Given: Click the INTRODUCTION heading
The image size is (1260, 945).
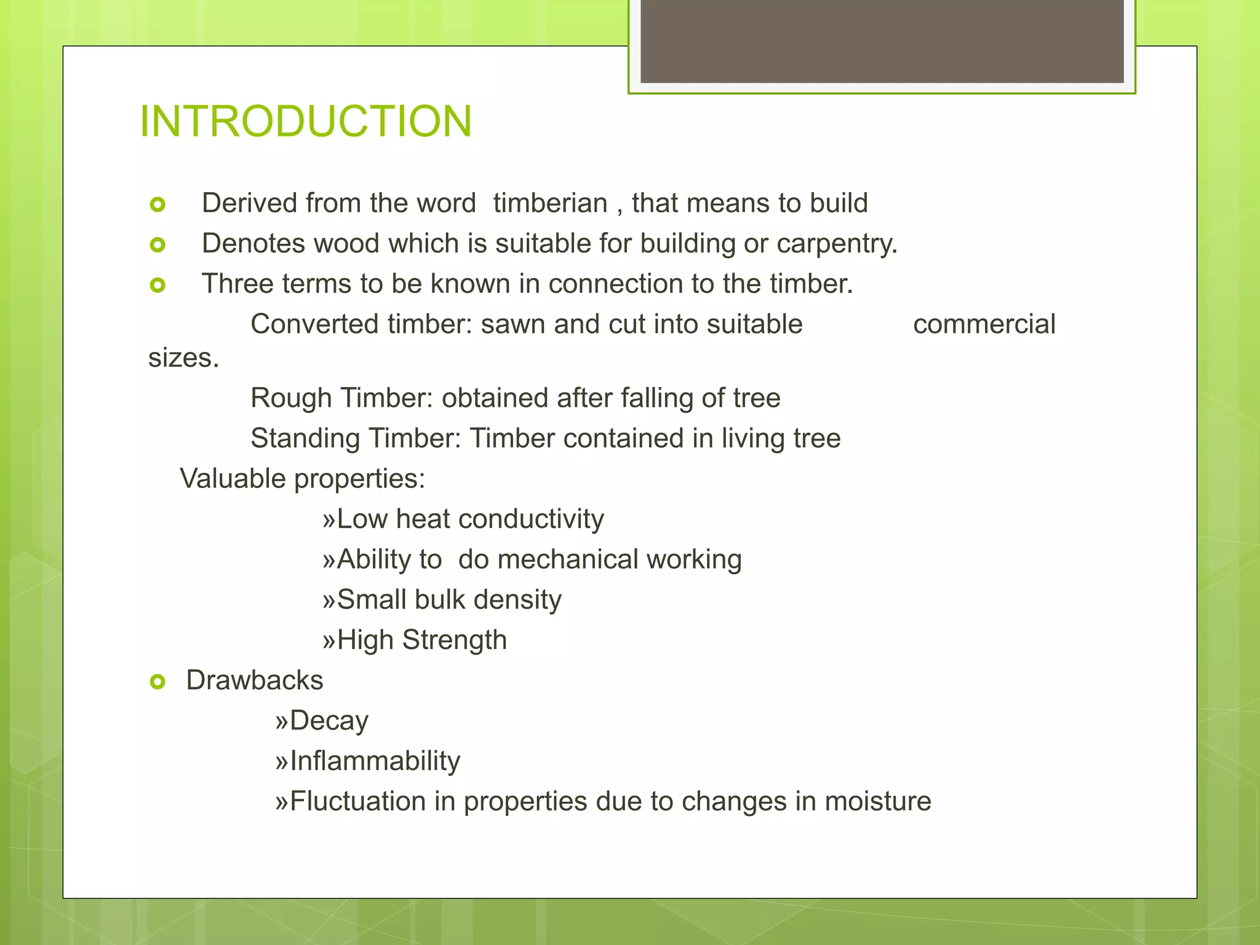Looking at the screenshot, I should (x=306, y=121).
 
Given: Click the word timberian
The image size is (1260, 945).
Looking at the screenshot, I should (x=550, y=203).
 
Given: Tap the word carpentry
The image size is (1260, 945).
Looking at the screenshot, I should (x=836, y=244).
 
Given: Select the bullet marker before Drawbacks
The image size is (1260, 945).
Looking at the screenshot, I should (x=157, y=682).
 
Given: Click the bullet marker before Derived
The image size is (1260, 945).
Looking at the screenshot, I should (x=157, y=204).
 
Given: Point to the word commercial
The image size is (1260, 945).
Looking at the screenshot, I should (x=984, y=324).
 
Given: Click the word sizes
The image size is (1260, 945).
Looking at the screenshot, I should (x=183, y=358).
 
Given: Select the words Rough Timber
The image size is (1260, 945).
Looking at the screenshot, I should (x=343, y=398).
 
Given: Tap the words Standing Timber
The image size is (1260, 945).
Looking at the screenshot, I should (x=355, y=439).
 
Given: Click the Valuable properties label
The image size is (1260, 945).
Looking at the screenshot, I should (x=302, y=479).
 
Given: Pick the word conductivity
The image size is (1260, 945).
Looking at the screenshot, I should (x=530, y=519).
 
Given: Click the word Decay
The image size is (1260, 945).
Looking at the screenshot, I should (x=329, y=721).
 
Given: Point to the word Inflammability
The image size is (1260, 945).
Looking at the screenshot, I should (x=374, y=761).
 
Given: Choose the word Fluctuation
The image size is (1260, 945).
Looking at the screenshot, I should (x=357, y=802).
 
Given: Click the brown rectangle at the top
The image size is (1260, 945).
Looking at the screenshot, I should (x=882, y=41).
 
